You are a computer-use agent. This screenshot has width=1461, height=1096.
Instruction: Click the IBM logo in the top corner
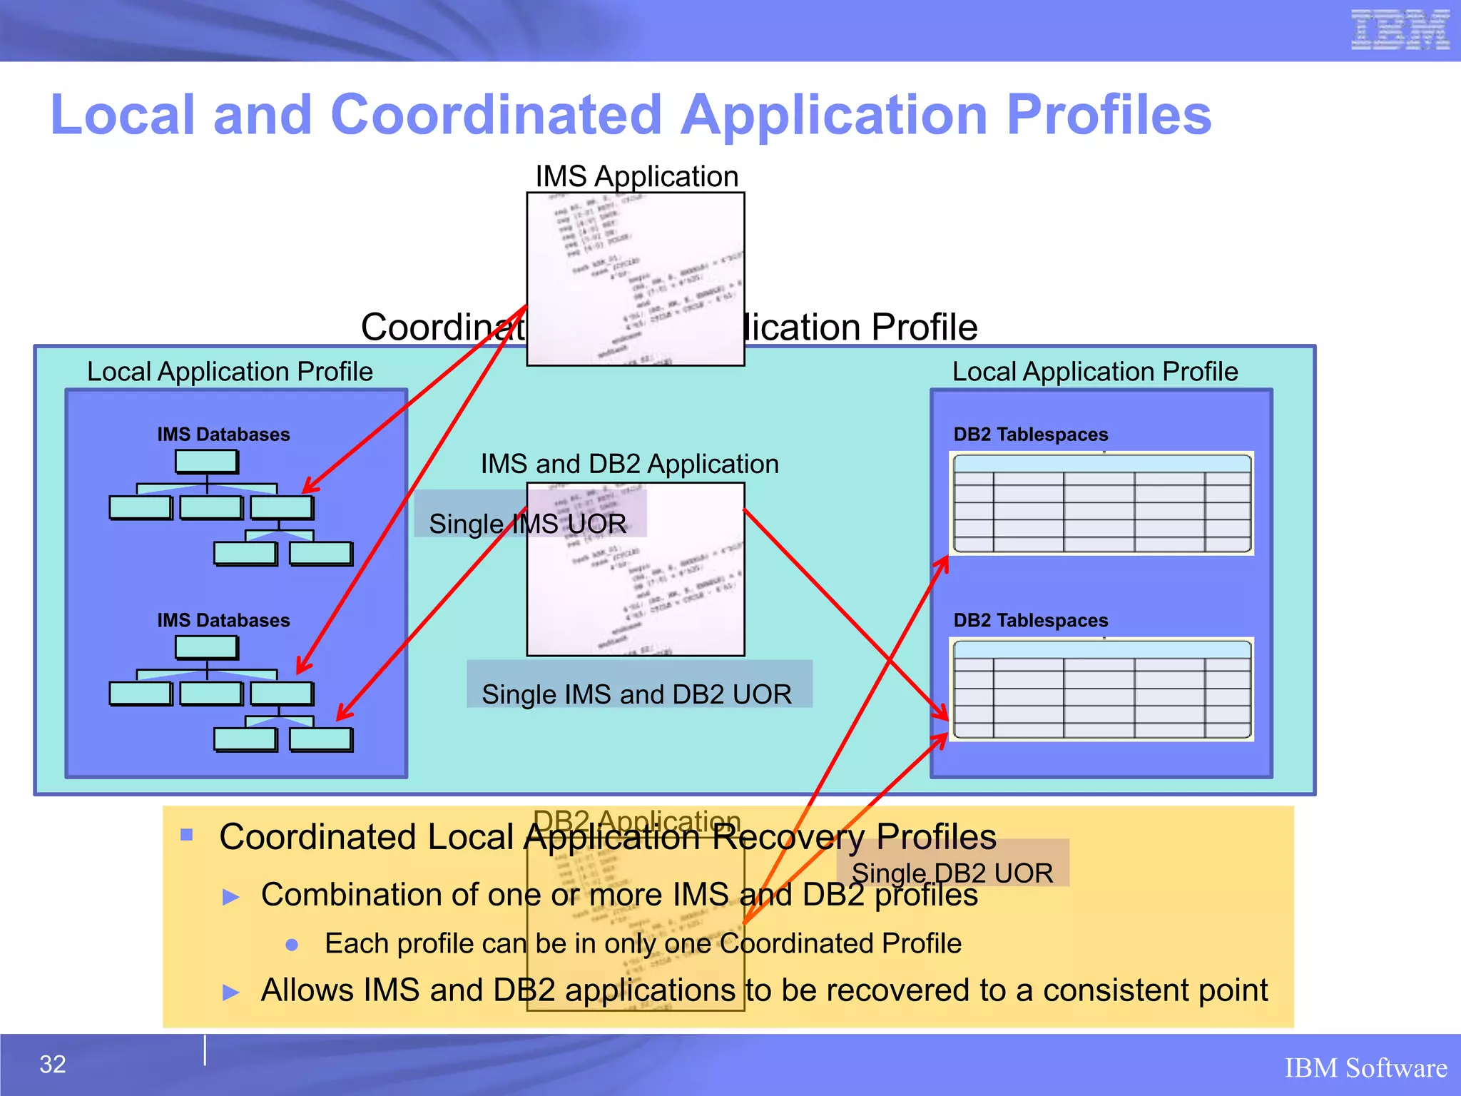(x=1399, y=30)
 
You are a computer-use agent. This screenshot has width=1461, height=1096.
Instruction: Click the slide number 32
(x=53, y=1064)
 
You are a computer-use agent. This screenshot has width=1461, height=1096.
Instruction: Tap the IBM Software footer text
(x=1365, y=1068)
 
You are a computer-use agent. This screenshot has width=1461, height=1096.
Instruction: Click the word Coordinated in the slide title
(x=497, y=115)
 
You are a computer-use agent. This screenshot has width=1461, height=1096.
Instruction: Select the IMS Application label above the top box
(x=636, y=176)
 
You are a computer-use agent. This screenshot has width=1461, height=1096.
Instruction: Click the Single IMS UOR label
(x=527, y=524)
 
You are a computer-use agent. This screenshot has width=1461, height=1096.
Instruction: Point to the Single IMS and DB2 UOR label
(x=636, y=694)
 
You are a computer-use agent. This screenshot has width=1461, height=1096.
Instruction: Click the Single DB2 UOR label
(x=952, y=873)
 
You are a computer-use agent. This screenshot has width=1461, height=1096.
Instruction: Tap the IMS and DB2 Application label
(x=629, y=464)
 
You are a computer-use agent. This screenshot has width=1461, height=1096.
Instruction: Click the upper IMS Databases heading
(x=223, y=435)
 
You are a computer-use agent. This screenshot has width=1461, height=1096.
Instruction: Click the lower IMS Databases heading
(x=223, y=620)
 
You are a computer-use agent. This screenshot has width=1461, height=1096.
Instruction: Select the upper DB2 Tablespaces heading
(x=1030, y=435)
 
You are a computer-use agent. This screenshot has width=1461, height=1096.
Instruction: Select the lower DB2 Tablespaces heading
(x=1030, y=620)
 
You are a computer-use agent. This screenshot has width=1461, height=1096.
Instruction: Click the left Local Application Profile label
(x=230, y=372)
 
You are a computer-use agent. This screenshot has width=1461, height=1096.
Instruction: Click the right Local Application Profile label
(x=1095, y=372)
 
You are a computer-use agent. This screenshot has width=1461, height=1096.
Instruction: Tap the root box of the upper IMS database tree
(x=206, y=461)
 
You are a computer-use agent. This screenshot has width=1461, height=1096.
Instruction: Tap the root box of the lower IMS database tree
(x=206, y=646)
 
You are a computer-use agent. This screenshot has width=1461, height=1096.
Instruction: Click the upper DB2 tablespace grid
(x=1101, y=504)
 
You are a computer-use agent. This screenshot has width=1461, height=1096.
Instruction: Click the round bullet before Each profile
(x=291, y=945)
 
